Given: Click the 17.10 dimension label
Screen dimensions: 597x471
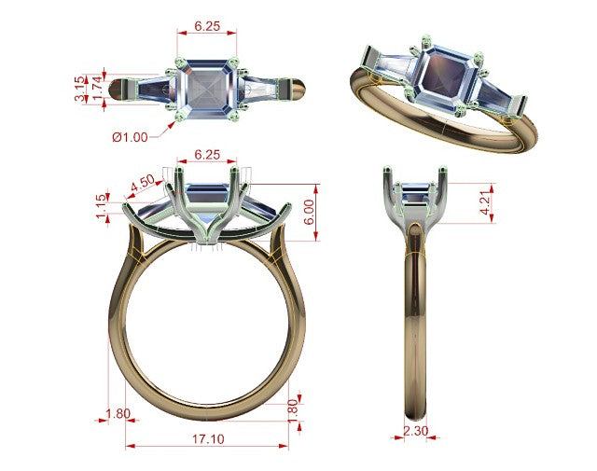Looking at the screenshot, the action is click(x=208, y=439).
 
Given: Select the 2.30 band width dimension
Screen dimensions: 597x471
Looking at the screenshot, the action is click(x=415, y=431).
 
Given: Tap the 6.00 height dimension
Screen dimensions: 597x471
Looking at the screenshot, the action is click(x=309, y=212).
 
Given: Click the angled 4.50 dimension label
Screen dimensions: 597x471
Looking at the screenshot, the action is click(x=143, y=184).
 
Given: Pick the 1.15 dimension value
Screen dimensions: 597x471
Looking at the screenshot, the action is click(x=102, y=206).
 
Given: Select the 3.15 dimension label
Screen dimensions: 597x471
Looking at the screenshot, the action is click(x=80, y=89).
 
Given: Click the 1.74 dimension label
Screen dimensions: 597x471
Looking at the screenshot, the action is click(x=97, y=89).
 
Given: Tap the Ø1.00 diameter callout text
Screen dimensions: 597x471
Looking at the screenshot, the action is click(x=130, y=137).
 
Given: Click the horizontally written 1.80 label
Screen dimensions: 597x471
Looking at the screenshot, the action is click(x=118, y=413).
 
